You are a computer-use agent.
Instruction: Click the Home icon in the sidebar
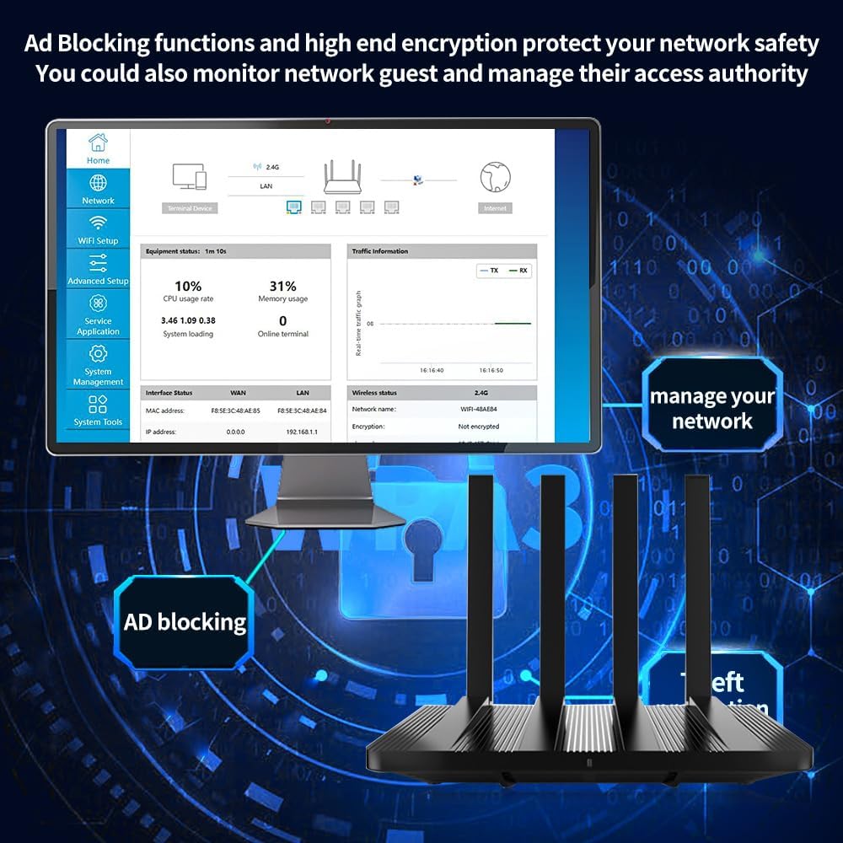tap(98, 142)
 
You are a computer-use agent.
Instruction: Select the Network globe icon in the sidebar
tap(98, 183)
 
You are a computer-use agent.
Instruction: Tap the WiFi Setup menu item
tap(98, 229)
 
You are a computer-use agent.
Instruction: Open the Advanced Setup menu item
tap(98, 271)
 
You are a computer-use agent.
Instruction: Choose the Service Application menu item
tap(98, 314)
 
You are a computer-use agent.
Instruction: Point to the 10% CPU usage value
tap(188, 287)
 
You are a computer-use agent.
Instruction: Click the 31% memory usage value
tap(282, 287)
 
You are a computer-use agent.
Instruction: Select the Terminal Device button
tap(189, 208)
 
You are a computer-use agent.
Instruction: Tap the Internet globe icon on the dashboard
tap(496, 177)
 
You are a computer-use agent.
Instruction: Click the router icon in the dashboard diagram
tap(342, 176)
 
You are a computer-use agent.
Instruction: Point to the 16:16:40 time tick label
tap(432, 370)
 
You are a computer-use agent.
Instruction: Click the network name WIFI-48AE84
tap(478, 410)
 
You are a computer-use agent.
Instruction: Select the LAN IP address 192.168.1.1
tap(303, 431)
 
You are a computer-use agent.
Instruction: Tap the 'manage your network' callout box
tap(711, 408)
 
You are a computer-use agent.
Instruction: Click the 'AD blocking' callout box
tap(185, 622)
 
